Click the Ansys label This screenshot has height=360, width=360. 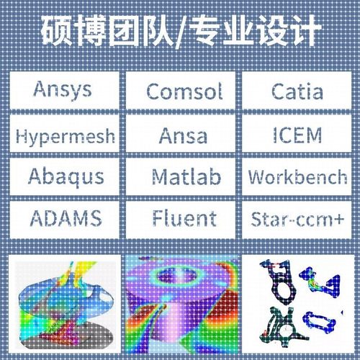point(63,90)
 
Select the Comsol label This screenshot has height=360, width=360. point(184,91)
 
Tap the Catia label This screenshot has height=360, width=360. point(297,91)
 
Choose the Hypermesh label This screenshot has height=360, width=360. point(65,135)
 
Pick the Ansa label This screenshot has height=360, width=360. point(184,135)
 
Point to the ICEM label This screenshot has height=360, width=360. point(297,134)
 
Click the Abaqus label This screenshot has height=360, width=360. point(66,176)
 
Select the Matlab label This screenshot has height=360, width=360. point(186,176)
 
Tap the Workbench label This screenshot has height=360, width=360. point(297,176)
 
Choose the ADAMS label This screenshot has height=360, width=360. point(66,217)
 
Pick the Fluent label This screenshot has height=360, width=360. point(184,217)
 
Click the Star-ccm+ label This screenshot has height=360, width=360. point(297,217)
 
